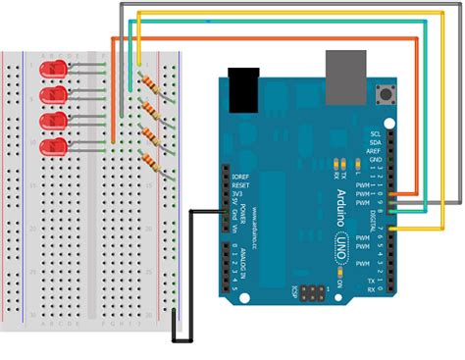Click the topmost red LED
pyautogui.click(x=51, y=71)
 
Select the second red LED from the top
pyautogui.click(x=52, y=95)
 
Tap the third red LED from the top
pyautogui.click(x=52, y=120)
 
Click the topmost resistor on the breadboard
pyautogui.click(x=148, y=82)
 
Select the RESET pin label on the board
pyautogui.click(x=243, y=184)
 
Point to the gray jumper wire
pyautogui.click(x=294, y=5)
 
